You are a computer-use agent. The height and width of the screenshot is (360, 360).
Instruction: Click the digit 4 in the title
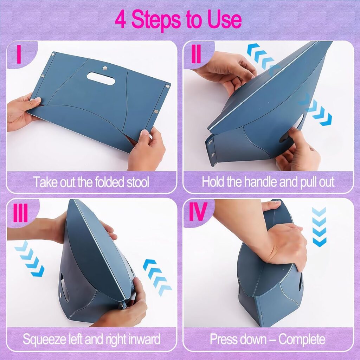tap(121, 20)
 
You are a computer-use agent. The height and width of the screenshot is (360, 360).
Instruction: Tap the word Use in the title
tap(224, 20)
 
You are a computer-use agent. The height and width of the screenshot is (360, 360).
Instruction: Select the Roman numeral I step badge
tap(19, 54)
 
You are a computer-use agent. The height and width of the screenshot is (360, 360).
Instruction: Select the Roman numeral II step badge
tap(196, 54)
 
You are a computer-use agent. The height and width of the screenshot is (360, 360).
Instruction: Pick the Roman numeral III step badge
tap(20, 213)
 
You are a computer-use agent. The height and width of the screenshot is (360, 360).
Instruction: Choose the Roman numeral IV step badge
tap(198, 211)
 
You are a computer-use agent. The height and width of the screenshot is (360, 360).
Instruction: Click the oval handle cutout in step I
tap(101, 78)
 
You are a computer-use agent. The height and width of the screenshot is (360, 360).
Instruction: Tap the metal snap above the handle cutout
tap(105, 68)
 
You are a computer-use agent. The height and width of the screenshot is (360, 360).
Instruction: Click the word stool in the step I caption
tap(138, 182)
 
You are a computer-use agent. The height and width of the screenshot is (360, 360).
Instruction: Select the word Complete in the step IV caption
tap(302, 339)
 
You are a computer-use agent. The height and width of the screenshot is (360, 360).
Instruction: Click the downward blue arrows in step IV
tap(319, 227)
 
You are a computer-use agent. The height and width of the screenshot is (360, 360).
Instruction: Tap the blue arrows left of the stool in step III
tap(30, 258)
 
